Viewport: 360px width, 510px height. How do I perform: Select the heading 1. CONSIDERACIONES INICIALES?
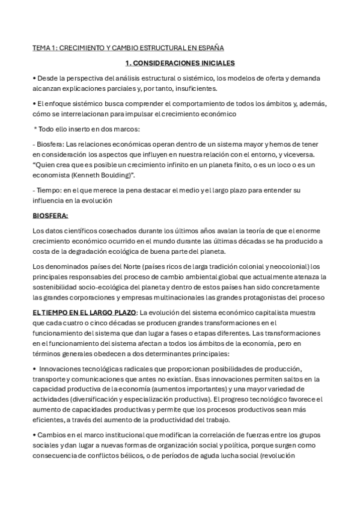click(180, 63)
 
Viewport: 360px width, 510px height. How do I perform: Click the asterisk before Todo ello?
click(36, 129)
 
